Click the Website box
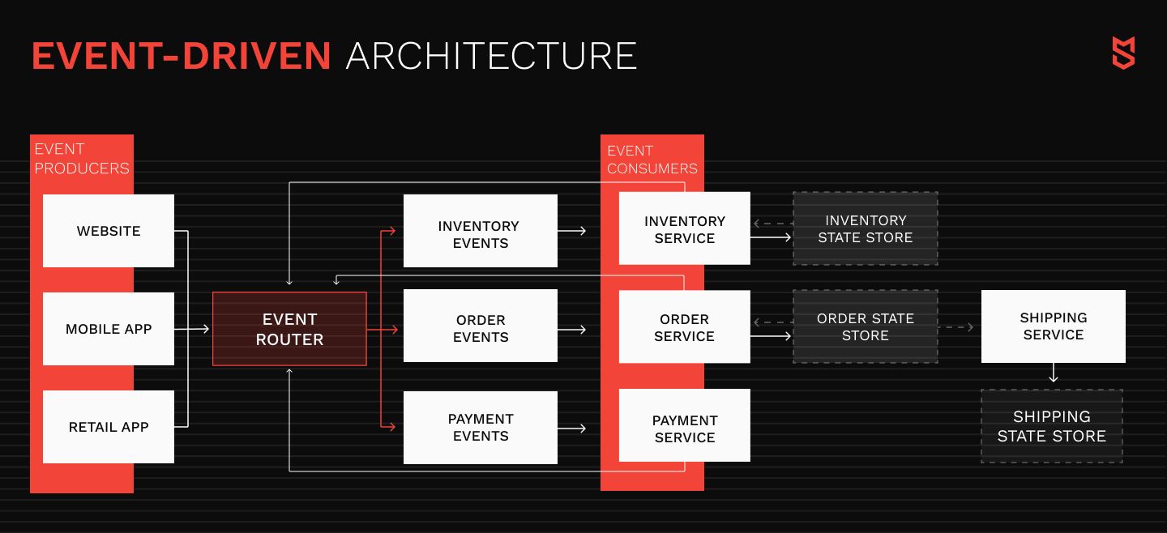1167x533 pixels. [109, 231]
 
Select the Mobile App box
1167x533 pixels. [109, 328]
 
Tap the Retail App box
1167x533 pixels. [109, 427]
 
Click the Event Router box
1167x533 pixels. [289, 329]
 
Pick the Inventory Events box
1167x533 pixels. [481, 231]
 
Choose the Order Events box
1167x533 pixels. [481, 326]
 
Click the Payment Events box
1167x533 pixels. [481, 428]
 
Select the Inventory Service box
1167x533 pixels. [685, 228]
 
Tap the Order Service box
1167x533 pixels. [685, 326]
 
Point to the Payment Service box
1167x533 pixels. [685, 425]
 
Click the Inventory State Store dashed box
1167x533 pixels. [866, 228]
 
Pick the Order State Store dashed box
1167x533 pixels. [866, 326]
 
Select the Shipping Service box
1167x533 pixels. [1054, 326]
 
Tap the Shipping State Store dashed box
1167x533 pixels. [1052, 426]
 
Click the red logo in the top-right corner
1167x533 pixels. [1124, 53]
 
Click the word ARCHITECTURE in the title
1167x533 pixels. [491, 56]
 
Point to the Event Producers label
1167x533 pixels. [82, 159]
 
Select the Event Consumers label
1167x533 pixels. [652, 160]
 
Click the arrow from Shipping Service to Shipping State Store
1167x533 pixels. [1054, 373]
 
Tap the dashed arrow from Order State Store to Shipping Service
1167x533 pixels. [956, 327]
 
